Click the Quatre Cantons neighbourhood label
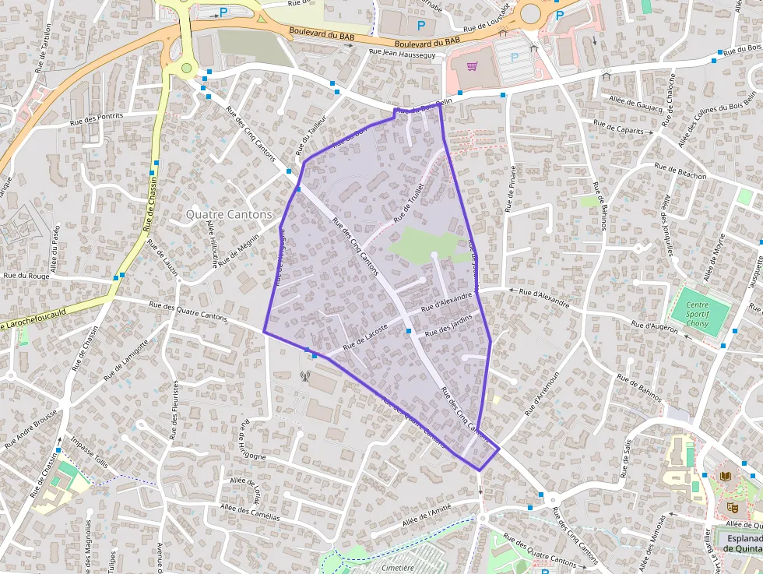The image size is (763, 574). click(229, 214)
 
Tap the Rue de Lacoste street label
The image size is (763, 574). click(364, 336)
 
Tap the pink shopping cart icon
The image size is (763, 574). click(472, 66)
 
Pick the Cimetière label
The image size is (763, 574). click(399, 568)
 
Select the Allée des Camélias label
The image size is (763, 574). click(250, 512)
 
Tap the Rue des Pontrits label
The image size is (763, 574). click(97, 118)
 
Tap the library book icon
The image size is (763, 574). click(726, 476)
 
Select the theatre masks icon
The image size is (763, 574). click(731, 507)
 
